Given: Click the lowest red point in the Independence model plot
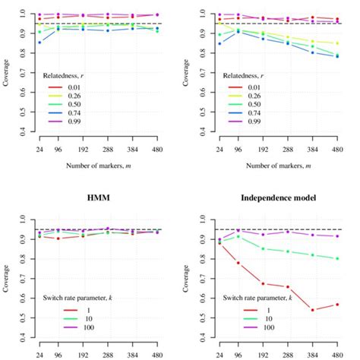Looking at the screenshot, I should point(313,310).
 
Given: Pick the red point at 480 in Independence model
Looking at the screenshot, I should point(337,305).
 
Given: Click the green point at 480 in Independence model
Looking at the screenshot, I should point(337,258).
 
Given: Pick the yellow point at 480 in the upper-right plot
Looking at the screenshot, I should point(337,43).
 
